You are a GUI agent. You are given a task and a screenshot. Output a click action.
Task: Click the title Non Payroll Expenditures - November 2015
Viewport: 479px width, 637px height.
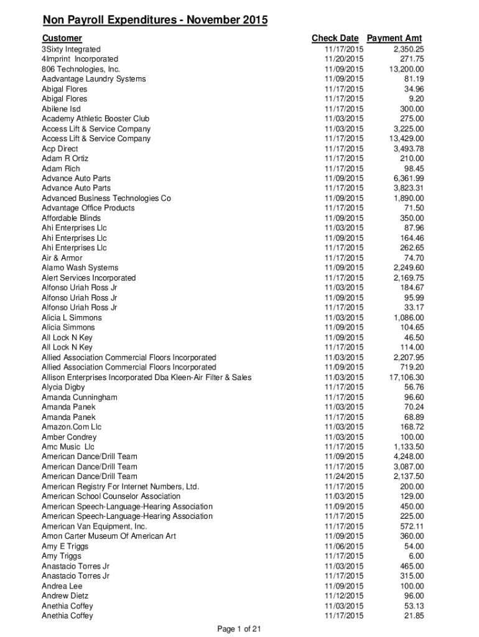point(155,22)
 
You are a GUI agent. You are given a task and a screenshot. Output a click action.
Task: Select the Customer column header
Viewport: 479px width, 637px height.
point(62,39)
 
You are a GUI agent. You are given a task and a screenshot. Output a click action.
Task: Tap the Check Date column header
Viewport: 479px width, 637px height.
point(335,39)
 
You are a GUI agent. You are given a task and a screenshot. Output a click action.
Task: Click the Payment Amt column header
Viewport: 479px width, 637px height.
point(394,39)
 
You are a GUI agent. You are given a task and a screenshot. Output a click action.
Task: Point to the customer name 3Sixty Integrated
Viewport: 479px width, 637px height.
point(71,49)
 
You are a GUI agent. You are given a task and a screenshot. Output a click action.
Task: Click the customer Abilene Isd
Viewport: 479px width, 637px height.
point(61,109)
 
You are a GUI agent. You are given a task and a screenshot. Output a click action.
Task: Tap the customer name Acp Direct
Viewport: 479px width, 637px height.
point(60,149)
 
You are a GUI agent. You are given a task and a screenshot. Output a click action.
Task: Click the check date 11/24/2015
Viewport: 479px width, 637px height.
point(344,477)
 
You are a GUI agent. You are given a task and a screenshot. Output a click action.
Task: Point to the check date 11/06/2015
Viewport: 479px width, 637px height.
point(344,546)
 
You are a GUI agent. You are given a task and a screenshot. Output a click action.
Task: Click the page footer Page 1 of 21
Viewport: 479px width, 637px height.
point(239,629)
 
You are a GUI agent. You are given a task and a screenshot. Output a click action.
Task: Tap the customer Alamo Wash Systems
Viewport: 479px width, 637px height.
point(80,268)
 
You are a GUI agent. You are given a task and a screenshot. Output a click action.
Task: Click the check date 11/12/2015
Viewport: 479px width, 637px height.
point(344,596)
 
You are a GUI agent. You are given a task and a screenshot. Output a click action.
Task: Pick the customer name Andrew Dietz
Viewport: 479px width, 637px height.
point(65,596)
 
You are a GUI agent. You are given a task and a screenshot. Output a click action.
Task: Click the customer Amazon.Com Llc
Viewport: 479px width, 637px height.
point(72,427)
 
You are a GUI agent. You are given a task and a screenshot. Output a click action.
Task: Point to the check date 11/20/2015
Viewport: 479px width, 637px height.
point(344,59)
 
